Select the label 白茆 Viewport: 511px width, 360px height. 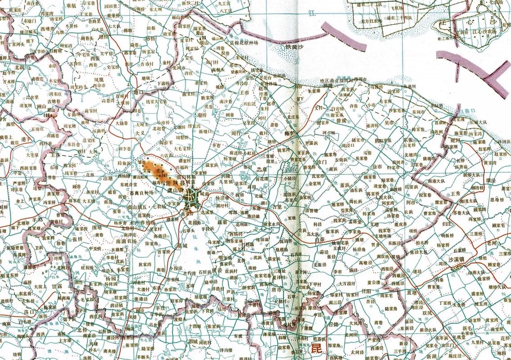click(320, 241)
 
